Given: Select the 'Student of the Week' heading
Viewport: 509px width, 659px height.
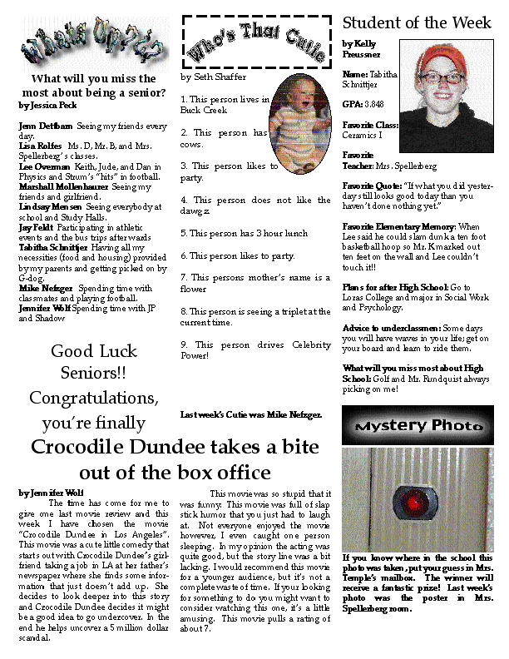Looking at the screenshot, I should (x=417, y=22).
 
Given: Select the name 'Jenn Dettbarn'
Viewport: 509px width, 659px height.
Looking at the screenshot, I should (x=46, y=126).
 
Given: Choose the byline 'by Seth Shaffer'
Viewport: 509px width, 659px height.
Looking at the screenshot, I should (x=214, y=77).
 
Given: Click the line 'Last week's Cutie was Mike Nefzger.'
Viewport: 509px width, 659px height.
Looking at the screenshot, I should (x=251, y=414).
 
